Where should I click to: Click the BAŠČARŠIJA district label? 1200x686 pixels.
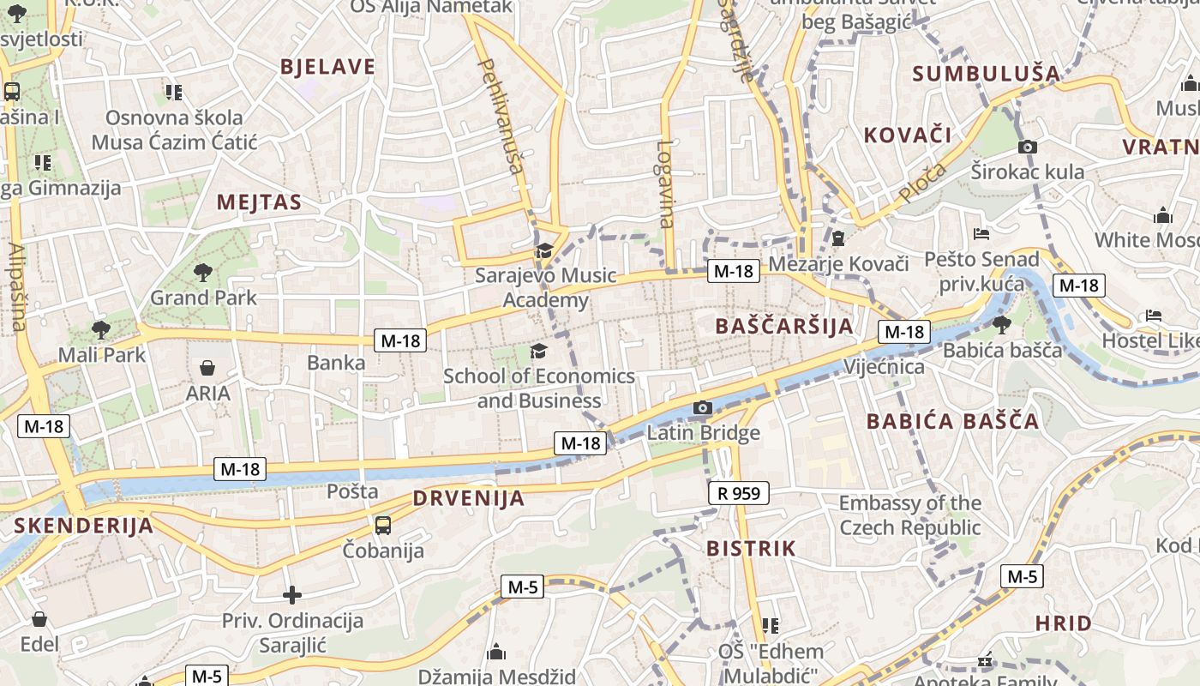point(784,326)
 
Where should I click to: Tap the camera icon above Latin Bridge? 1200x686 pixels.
point(702,407)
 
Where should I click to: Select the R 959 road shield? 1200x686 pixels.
point(739,493)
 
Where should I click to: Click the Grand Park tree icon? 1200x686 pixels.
point(203,273)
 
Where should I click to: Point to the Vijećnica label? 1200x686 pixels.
point(885,367)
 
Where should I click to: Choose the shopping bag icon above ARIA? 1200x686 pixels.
point(207,368)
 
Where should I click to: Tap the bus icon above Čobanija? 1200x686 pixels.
point(383,525)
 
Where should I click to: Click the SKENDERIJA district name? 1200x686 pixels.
point(83,526)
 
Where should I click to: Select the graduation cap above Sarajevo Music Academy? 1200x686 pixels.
point(543,250)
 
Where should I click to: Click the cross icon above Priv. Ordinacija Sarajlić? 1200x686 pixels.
point(292,594)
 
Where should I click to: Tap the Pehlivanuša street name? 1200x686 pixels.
point(500,116)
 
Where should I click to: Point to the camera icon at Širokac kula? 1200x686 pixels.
point(1028,147)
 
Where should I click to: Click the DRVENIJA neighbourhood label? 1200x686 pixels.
point(468,498)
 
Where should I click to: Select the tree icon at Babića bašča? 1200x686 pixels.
point(1001,324)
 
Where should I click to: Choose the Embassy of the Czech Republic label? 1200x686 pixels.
point(909,514)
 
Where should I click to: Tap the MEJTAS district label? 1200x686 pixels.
point(259,202)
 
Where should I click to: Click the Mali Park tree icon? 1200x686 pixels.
point(101,329)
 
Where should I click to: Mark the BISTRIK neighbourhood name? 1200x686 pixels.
point(751,548)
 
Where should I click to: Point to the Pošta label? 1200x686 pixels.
point(352,491)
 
